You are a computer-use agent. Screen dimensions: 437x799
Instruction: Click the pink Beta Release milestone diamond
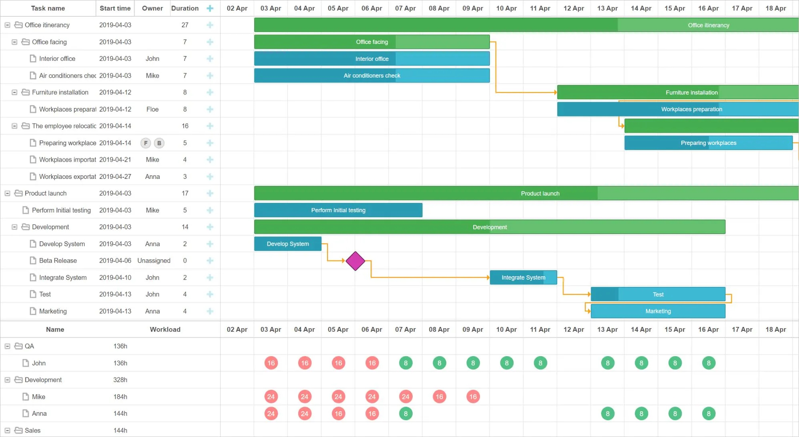[x=355, y=261]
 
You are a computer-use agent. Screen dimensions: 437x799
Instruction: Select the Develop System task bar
[x=287, y=244]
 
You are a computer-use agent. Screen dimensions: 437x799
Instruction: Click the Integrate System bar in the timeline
[x=523, y=277]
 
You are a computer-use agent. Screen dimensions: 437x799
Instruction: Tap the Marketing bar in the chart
[x=658, y=311]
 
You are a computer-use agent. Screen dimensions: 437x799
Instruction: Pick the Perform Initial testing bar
[x=338, y=210]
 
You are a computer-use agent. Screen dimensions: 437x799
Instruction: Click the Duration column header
[x=185, y=8]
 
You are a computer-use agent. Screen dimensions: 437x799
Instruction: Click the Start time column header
[x=115, y=8]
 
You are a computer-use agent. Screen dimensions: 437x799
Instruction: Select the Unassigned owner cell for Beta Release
[x=154, y=261]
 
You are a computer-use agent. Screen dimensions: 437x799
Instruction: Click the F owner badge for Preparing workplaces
[x=146, y=143]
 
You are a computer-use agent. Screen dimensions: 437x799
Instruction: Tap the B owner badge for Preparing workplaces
[x=159, y=143]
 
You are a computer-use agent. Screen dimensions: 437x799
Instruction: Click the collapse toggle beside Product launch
[x=7, y=193]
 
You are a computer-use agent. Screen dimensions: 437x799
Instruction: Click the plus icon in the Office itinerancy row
[x=210, y=25]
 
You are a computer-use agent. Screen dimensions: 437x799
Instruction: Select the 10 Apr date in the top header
[x=506, y=8]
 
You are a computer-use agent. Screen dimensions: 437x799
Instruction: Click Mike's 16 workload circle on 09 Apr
[x=473, y=397]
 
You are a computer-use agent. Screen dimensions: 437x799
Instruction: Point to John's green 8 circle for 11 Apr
[x=540, y=363]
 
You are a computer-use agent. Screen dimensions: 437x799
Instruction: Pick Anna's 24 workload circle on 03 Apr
[x=271, y=413]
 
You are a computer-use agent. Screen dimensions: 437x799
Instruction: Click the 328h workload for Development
[x=120, y=380]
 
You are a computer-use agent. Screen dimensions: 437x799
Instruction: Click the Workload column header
[x=165, y=329]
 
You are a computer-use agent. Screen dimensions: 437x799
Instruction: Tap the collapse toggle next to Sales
[x=7, y=430]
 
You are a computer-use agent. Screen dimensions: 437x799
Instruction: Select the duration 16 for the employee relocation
[x=185, y=126]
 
